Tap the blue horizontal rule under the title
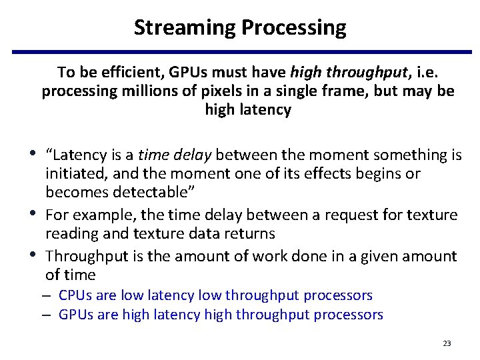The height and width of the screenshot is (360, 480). click(x=239, y=51)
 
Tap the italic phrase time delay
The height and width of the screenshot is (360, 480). click(x=174, y=155)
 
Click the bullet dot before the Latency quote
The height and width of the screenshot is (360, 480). click(x=34, y=153)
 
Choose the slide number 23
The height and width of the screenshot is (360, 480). click(x=447, y=343)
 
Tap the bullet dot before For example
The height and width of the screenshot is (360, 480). click(x=34, y=213)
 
